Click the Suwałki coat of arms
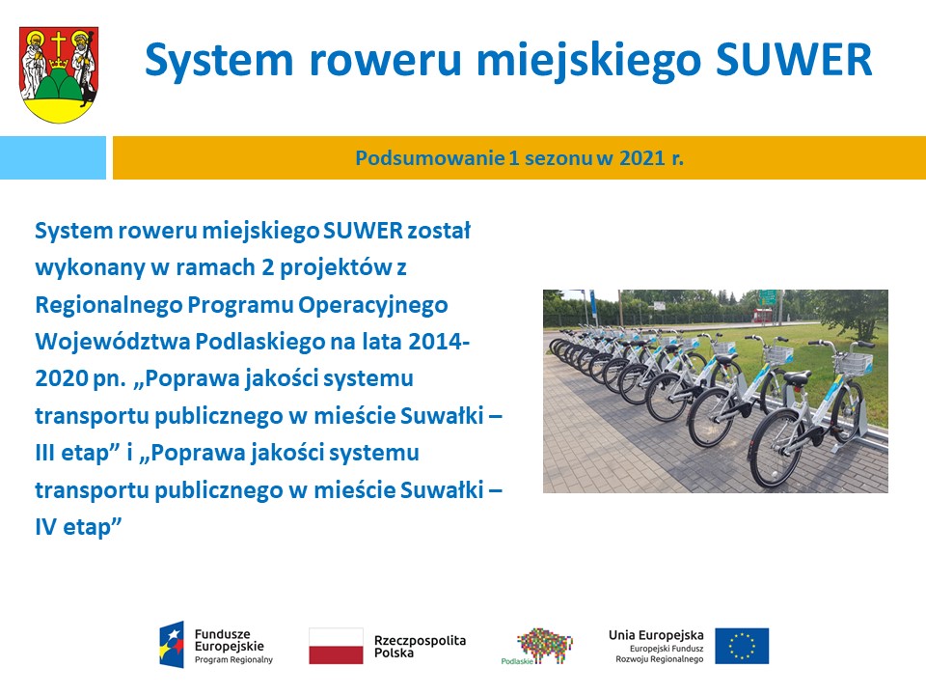coord(59,74)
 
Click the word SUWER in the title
coord(793,60)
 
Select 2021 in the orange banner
coord(642,157)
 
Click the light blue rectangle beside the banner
coord(52,157)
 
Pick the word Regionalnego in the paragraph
coord(109,306)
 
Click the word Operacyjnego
coord(372,306)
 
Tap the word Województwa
coord(112,342)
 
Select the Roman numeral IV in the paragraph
coord(45,527)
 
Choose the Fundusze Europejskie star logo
coord(172,645)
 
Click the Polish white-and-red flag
coord(336,646)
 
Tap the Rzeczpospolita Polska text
coord(420,646)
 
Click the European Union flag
coord(742,646)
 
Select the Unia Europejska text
coord(656,635)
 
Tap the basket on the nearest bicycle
coord(855,362)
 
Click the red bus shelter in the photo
coord(762,315)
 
